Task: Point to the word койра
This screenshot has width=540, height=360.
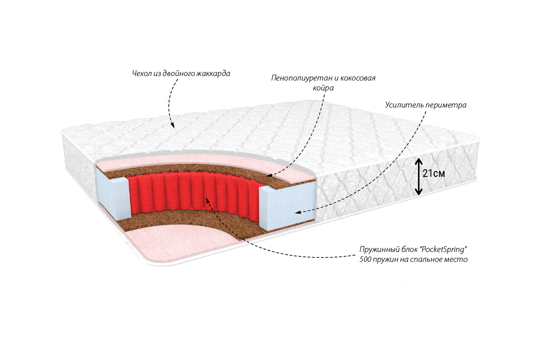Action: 323,88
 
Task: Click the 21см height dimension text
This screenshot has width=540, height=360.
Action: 434,174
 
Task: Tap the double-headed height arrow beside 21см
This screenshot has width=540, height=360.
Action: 418,176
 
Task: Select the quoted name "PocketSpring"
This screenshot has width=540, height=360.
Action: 442,249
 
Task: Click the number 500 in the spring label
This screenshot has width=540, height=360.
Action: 365,260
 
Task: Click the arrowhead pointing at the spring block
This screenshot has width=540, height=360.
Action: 207,200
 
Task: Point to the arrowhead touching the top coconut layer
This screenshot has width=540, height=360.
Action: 269,175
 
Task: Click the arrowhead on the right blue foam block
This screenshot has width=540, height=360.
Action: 298,212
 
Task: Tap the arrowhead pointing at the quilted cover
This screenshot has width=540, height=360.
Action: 173,125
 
